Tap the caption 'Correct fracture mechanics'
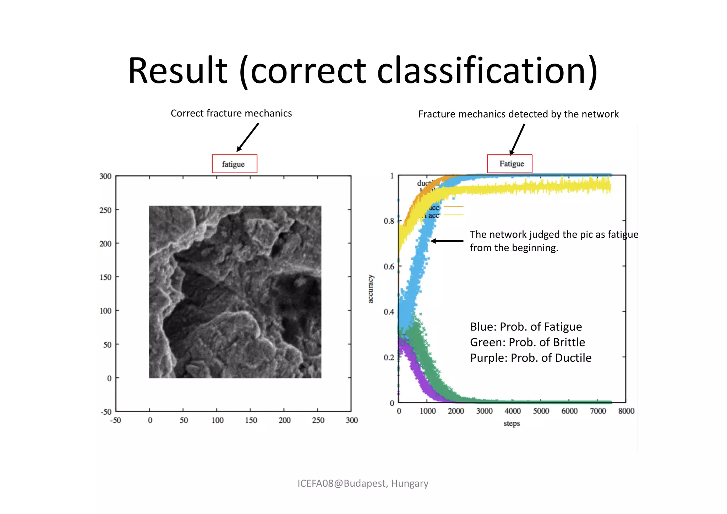231,113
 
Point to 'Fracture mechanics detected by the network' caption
518,114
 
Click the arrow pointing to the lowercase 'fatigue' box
248,137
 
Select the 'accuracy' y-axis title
370,289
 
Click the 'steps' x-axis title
512,423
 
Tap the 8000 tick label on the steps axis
626,411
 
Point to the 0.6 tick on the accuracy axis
389,267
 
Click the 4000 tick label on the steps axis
513,411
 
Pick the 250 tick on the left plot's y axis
105,210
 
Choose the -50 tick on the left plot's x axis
115,420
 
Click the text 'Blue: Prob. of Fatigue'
526,327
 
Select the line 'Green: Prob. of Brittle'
527,342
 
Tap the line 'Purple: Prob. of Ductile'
531,358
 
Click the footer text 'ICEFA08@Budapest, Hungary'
363,483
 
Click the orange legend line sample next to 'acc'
453,207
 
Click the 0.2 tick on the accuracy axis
389,357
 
